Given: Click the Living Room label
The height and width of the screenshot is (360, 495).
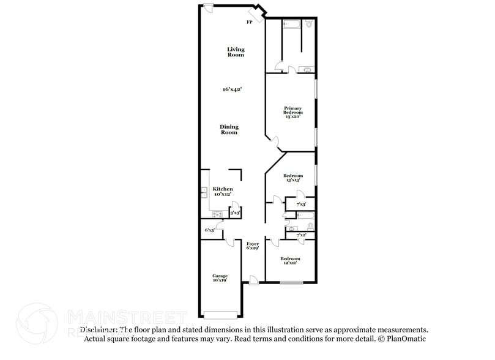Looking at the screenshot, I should pyautogui.click(x=236, y=52).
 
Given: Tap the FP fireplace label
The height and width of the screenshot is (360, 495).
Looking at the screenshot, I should pyautogui.click(x=249, y=23).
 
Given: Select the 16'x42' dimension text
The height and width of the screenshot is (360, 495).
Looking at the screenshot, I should pyautogui.click(x=232, y=89).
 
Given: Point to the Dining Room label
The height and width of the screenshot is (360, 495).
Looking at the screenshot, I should pyautogui.click(x=229, y=130).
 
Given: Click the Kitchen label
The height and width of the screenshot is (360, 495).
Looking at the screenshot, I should pyautogui.click(x=223, y=192).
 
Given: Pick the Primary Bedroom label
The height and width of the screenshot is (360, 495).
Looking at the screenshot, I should pyautogui.click(x=292, y=113).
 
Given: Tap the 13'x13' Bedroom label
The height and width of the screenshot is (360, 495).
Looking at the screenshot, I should pyautogui.click(x=292, y=178).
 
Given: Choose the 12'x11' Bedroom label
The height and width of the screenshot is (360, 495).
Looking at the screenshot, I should pyautogui.click(x=290, y=261).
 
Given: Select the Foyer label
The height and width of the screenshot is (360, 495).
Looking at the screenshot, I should pyautogui.click(x=252, y=246).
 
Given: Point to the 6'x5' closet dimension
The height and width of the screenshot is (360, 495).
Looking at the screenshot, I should pyautogui.click(x=209, y=230).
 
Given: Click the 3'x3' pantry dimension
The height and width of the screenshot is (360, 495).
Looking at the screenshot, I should pyautogui.click(x=234, y=213).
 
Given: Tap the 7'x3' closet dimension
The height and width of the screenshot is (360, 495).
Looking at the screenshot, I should pyautogui.click(x=301, y=204).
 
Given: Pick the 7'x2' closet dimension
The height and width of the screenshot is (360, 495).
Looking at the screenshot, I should pyautogui.click(x=301, y=235).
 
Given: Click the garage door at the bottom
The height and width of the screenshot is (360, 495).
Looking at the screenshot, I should pyautogui.click(x=220, y=316).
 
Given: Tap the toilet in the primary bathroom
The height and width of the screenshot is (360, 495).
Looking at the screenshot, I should pyautogui.click(x=309, y=24).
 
